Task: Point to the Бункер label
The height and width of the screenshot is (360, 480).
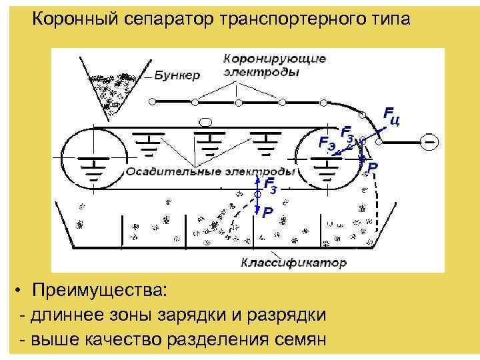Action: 177,75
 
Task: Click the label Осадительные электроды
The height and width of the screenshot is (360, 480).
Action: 210,171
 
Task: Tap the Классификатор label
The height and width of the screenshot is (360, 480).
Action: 294,263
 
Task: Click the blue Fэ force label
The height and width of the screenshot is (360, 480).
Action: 327,142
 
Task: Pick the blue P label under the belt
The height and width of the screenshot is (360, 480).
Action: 267,213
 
